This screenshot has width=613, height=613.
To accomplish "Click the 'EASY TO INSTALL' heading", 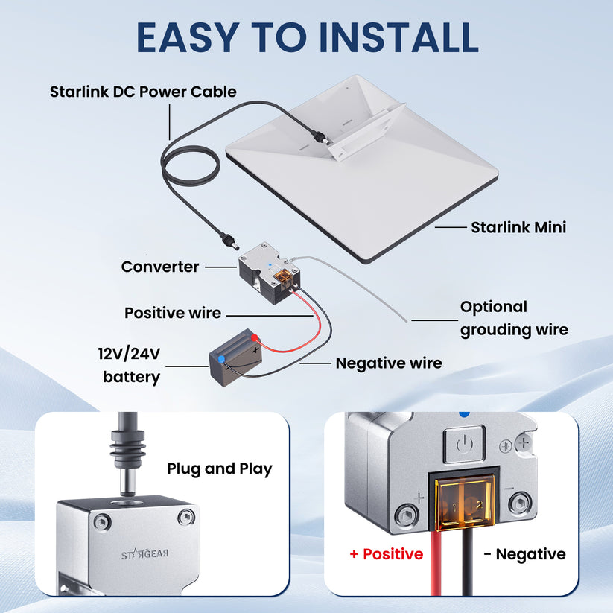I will [x=307, y=37].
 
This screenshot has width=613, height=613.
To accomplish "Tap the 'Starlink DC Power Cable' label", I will [x=143, y=92].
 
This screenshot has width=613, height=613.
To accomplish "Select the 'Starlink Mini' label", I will [x=518, y=227].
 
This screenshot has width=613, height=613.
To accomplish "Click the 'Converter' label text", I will [x=160, y=267].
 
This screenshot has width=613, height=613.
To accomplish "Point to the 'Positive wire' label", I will [x=173, y=313].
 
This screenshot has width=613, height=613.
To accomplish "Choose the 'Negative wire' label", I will [x=388, y=363].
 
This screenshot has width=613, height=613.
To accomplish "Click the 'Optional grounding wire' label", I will [x=514, y=318].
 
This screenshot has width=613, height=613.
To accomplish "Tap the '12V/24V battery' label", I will [x=131, y=365].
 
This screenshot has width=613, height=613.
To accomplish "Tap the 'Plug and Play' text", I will [x=220, y=469].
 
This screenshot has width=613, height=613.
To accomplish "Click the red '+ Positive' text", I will [x=386, y=554].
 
